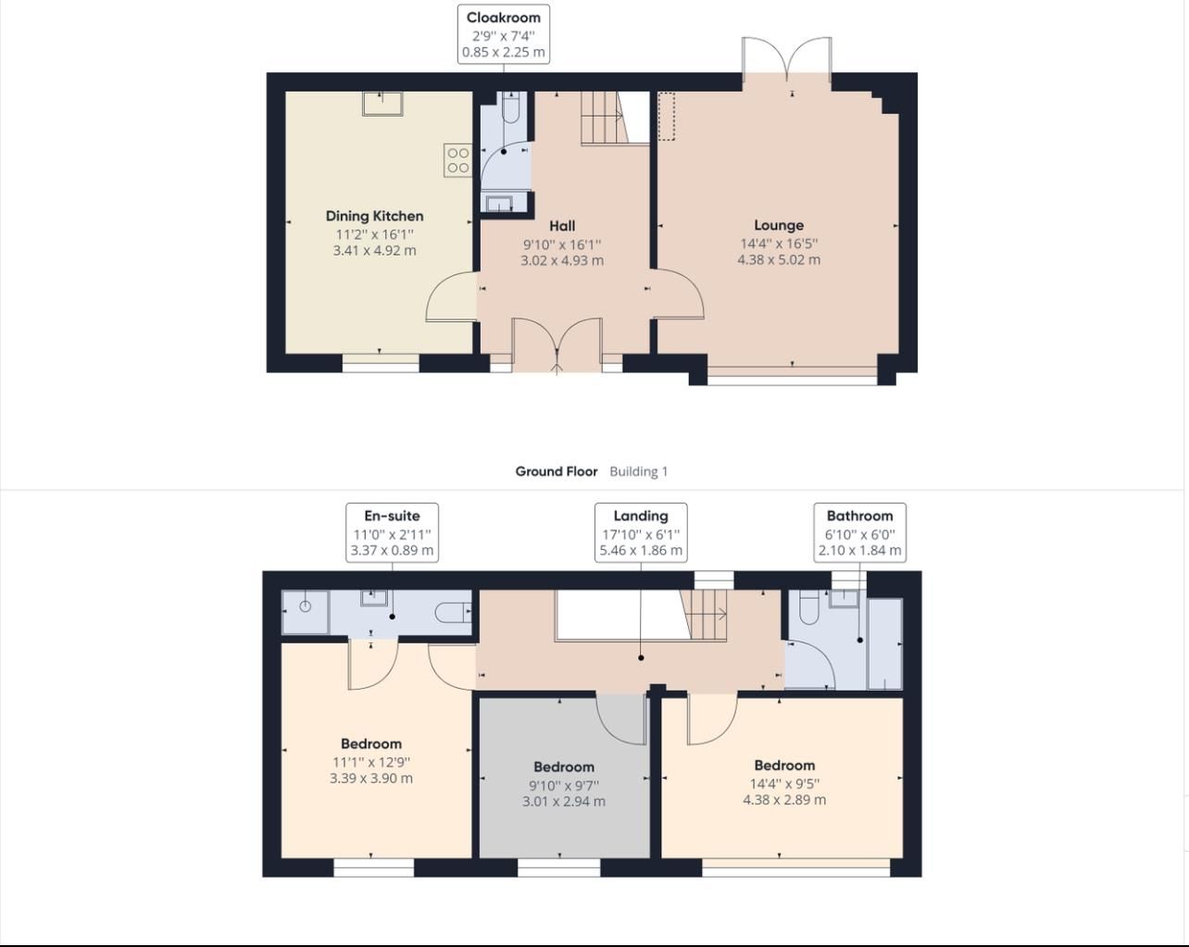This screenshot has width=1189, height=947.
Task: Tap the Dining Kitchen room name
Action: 374,217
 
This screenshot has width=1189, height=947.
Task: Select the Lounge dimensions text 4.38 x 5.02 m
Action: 778,260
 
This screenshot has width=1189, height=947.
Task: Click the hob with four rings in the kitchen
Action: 457,160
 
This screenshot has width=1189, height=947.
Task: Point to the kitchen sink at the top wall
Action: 382,103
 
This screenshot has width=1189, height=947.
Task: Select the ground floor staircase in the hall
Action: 603,118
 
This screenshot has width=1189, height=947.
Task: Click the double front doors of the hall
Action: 557,344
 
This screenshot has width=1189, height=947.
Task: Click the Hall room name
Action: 561,226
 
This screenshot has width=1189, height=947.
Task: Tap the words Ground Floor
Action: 556,471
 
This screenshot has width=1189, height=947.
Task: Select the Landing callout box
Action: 641,532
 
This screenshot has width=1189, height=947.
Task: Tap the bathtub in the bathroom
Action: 884,643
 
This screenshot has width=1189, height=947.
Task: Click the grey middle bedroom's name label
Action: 563,766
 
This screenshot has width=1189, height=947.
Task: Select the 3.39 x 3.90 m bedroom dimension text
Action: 371,779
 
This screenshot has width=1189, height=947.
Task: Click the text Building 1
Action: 638,471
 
